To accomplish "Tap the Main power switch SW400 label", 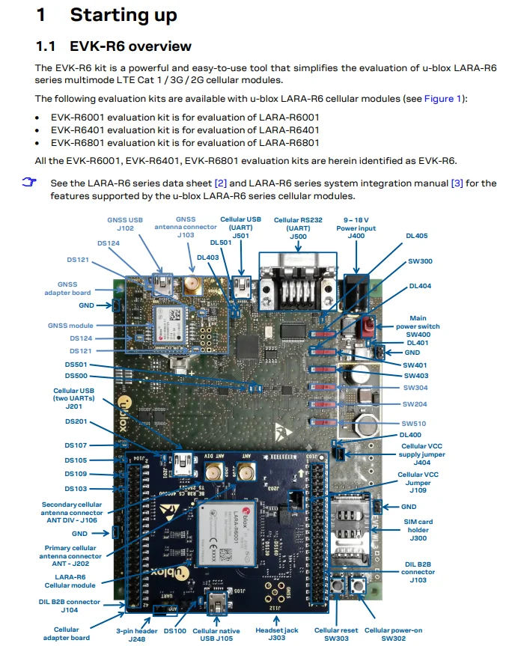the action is point(424,326).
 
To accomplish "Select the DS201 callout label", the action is point(76,421).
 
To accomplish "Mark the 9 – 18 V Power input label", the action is point(356,228).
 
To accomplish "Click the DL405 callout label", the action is point(416,235).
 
